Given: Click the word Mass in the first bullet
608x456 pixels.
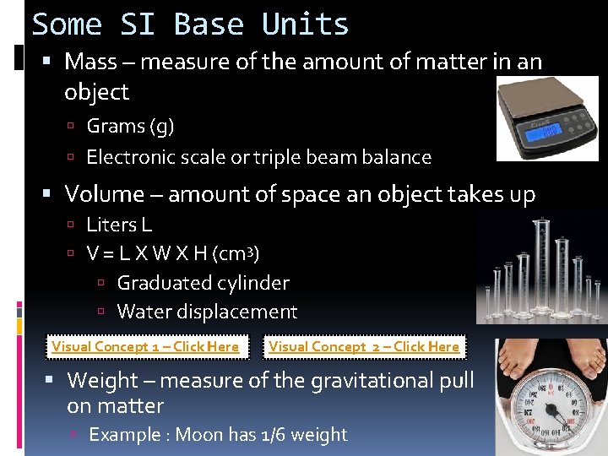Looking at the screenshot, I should click(91, 62).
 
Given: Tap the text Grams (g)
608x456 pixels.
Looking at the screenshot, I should click(130, 127).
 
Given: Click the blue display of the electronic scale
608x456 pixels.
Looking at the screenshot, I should click(542, 131).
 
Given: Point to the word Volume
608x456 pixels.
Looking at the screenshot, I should click(105, 194).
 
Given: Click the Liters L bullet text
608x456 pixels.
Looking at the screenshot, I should click(119, 225).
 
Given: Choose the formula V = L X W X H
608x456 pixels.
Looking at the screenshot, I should click(148, 253).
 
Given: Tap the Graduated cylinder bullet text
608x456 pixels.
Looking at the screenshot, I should click(203, 283).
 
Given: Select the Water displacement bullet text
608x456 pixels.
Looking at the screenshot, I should click(207, 312).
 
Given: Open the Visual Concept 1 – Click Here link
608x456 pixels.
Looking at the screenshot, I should click(145, 346).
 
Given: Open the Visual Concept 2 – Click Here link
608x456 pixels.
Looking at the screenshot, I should click(364, 346).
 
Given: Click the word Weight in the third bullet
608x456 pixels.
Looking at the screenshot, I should click(102, 381).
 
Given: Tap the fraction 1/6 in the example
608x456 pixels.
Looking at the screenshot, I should click(278, 435).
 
